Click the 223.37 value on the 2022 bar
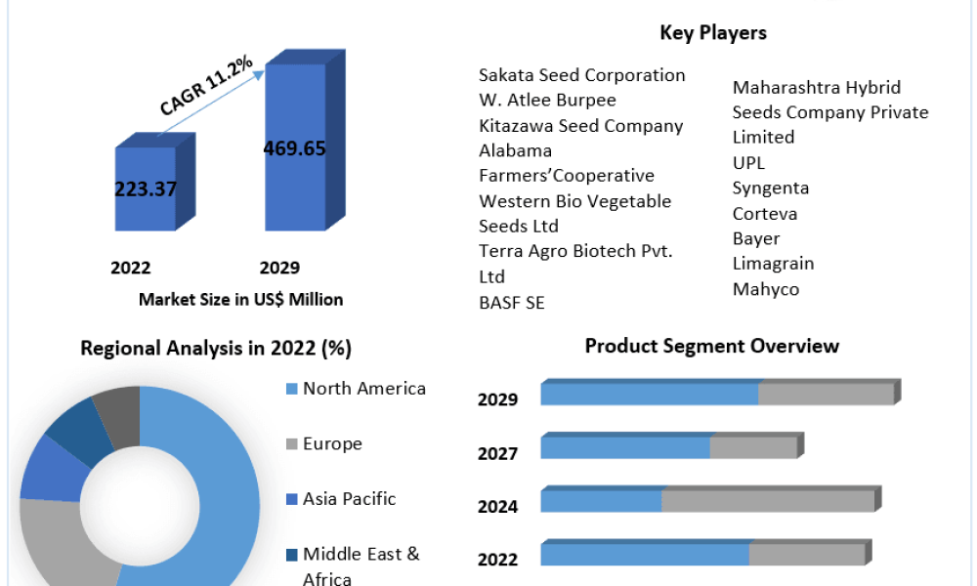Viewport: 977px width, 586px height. click(x=146, y=188)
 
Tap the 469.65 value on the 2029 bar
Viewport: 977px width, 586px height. click(x=295, y=148)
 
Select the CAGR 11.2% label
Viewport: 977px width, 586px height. click(x=206, y=86)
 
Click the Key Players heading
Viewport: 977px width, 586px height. click(x=713, y=32)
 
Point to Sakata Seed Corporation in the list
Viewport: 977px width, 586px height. click(x=582, y=75)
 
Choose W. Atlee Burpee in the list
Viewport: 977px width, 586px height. click(x=547, y=101)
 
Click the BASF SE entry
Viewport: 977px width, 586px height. click(x=512, y=303)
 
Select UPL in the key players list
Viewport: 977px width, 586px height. click(x=748, y=163)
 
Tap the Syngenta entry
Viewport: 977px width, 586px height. click(x=771, y=188)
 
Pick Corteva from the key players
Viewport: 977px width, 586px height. click(x=765, y=214)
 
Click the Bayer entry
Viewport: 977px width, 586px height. click(x=756, y=239)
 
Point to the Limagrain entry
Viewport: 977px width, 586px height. click(x=773, y=264)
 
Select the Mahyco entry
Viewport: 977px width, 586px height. click(x=766, y=289)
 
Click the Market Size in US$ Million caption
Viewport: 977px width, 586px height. click(x=240, y=300)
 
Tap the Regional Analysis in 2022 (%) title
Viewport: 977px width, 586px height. click(x=216, y=348)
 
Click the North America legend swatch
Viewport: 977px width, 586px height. click(x=291, y=390)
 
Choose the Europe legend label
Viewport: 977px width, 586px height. click(x=332, y=444)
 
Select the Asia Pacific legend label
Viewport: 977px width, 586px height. click(x=349, y=499)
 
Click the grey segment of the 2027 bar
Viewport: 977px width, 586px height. click(x=753, y=447)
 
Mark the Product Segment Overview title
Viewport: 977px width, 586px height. click(x=711, y=347)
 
